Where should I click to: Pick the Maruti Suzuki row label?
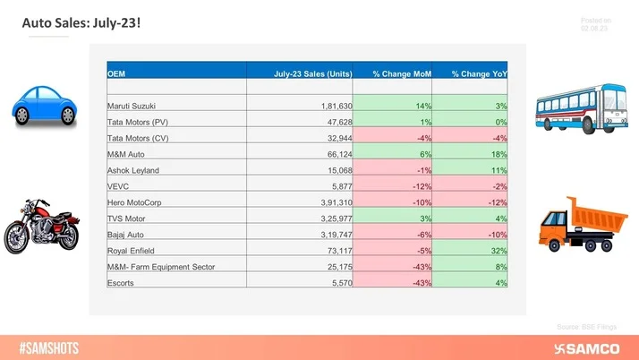(132, 107)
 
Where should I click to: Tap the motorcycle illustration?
(41, 228)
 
